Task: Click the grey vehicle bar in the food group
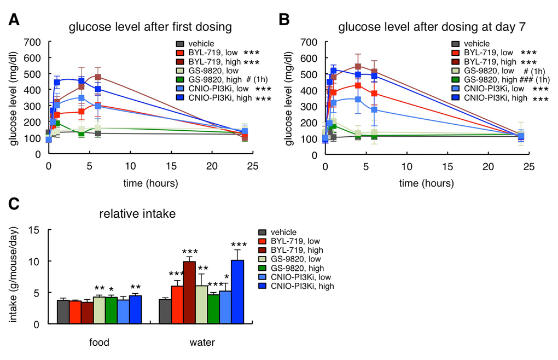pos(63,311)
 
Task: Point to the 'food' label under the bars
pos(99,343)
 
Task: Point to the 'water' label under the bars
pos(201,343)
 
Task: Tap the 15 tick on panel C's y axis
pos(39,230)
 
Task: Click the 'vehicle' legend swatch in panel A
pos(179,43)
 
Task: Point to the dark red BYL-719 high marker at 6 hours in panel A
pos(98,77)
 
